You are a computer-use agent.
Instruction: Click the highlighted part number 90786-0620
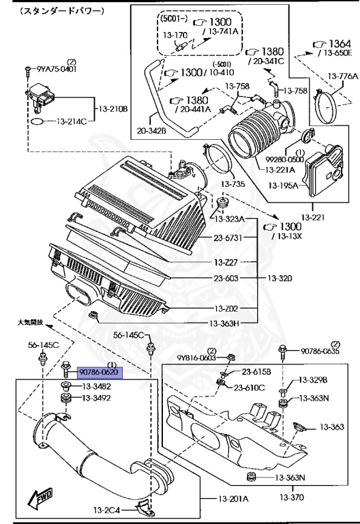pos(100,373)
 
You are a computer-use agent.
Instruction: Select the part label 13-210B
pos(113,109)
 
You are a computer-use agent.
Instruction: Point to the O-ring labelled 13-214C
pos(37,121)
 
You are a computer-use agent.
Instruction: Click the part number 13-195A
pos(283,186)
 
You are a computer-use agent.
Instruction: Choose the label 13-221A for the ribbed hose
pos(280,170)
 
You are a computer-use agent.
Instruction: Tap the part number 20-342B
pos(151,131)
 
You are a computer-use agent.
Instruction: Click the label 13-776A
pos(342,76)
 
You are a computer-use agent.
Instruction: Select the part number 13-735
pos(232,184)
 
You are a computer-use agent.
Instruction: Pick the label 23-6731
pos(228,238)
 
